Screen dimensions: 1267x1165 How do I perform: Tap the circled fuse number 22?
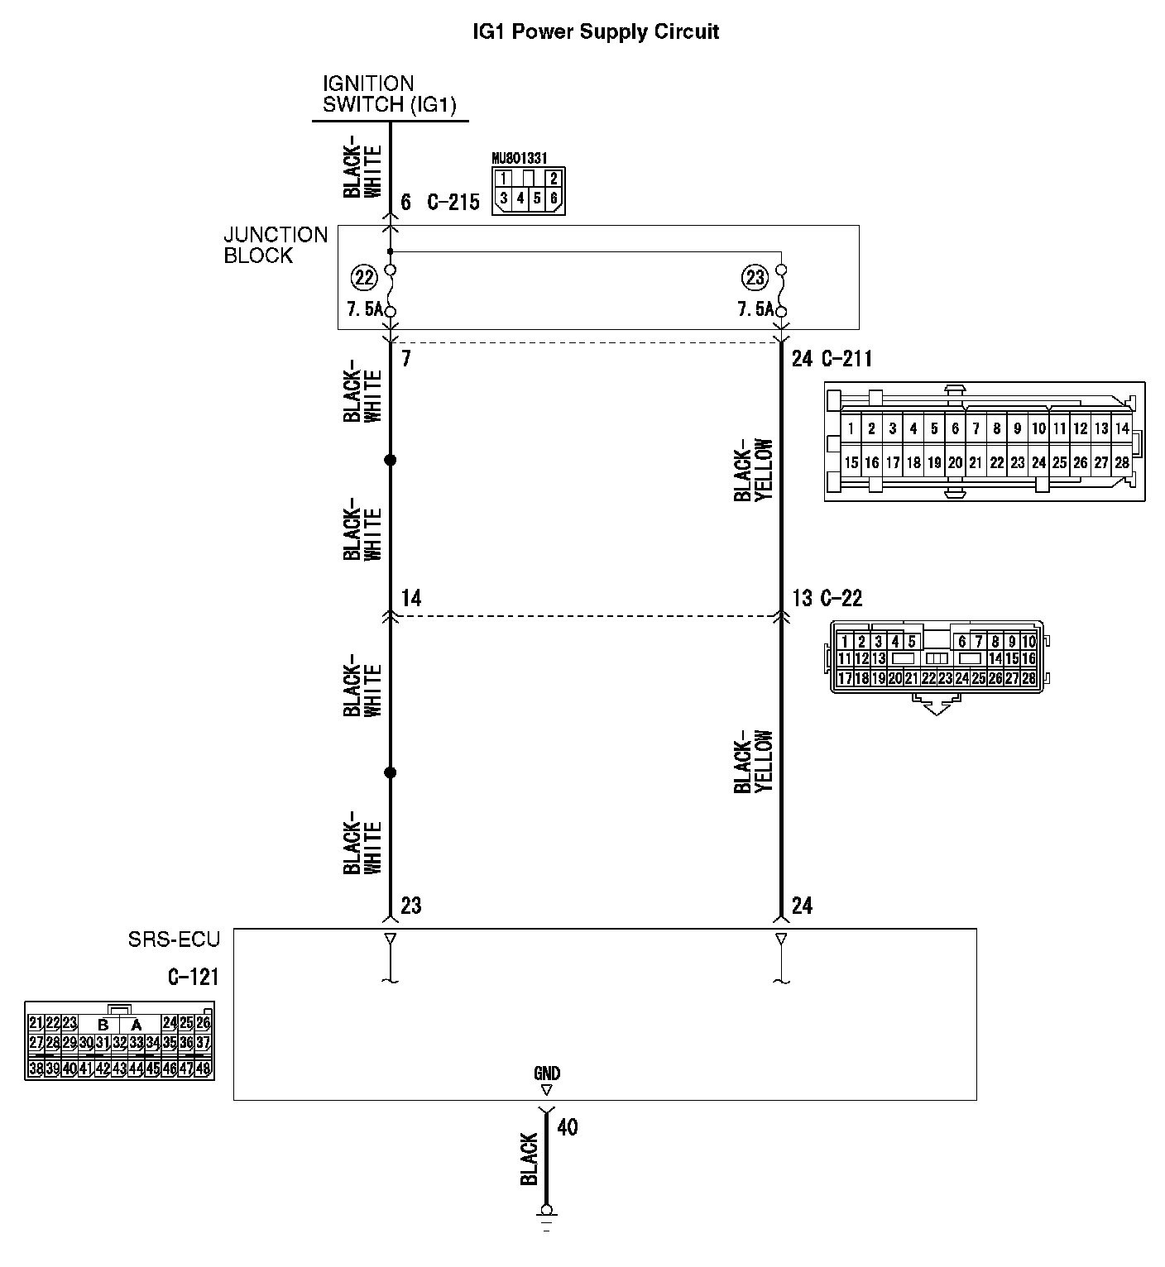point(362,278)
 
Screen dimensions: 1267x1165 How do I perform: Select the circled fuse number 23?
point(755,278)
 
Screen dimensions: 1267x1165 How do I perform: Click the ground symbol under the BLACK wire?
point(546,1216)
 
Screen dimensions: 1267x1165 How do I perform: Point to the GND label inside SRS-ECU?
point(546,1073)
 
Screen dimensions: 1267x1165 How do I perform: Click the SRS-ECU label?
point(174,939)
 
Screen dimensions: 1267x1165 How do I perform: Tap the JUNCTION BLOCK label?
point(276,245)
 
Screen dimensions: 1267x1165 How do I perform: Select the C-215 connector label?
point(453,203)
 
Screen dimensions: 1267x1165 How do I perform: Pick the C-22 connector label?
point(841,598)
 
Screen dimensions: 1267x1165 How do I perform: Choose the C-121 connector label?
point(193,978)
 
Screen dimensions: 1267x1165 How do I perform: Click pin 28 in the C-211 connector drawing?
point(1122,463)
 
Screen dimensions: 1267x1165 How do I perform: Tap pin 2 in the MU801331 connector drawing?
point(554,177)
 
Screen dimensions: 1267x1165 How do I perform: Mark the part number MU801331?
point(519,157)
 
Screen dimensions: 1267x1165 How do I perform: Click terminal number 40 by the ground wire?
point(568,1126)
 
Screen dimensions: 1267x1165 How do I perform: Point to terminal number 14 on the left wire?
point(411,598)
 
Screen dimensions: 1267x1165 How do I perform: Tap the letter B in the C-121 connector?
point(103,1024)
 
